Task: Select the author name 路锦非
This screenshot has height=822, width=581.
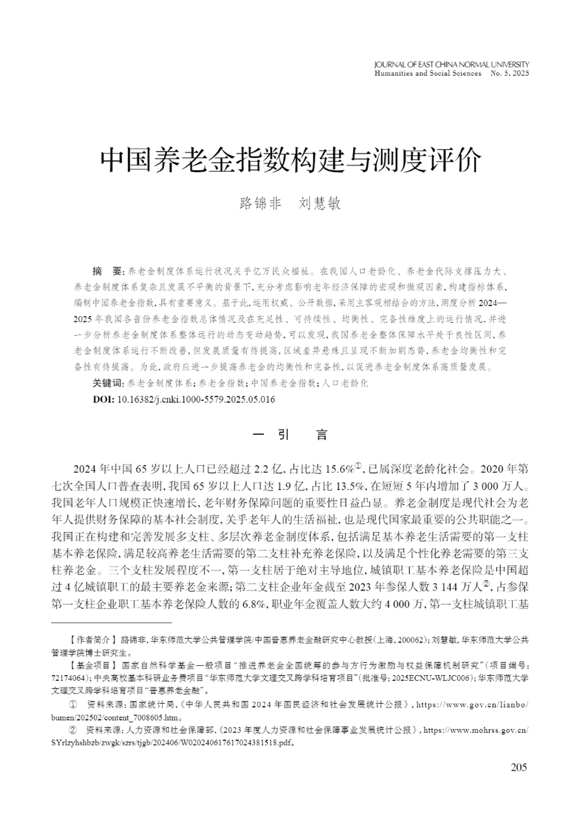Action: [260, 204]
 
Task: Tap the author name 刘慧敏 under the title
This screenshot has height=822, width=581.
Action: [320, 204]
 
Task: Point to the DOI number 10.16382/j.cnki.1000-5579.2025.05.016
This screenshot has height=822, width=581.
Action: [196, 400]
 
